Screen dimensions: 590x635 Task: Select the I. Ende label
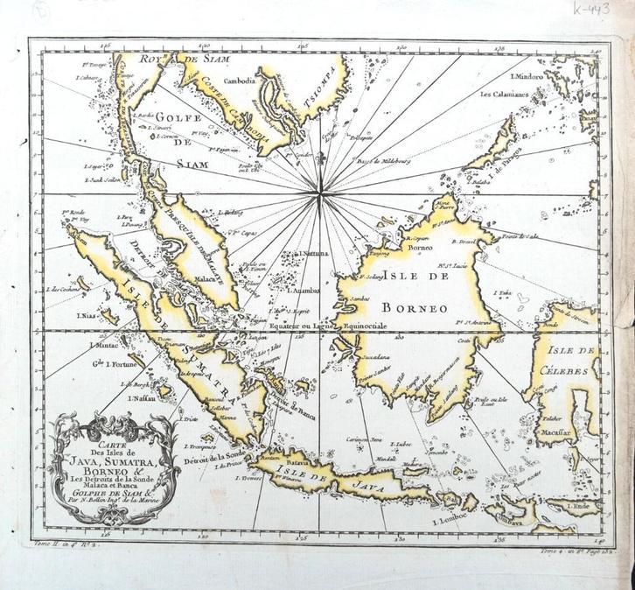577,506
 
